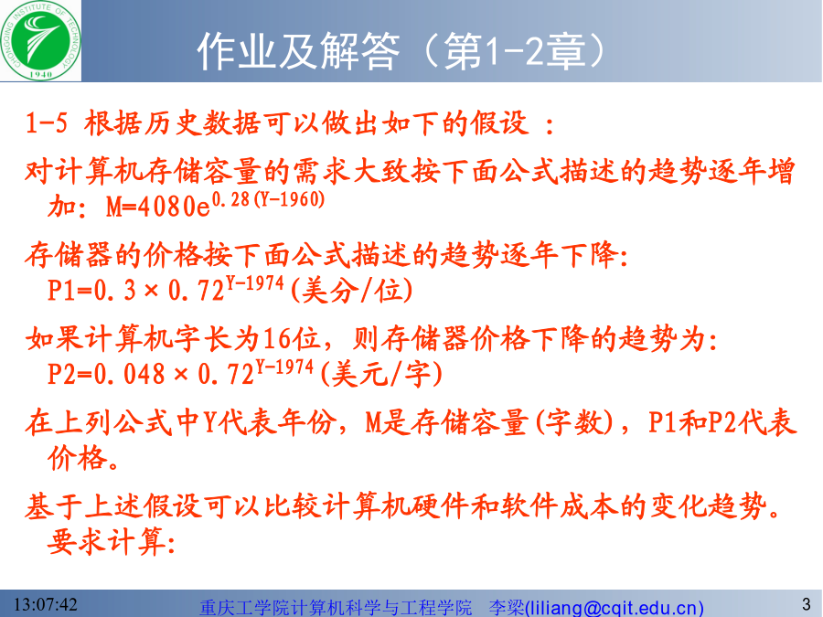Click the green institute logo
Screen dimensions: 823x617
point(40,41)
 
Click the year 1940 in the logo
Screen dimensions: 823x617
point(40,75)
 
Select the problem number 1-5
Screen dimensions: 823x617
point(47,123)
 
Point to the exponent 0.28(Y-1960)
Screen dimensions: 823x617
point(268,199)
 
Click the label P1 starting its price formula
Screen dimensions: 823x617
point(62,290)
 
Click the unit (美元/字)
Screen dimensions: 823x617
point(381,374)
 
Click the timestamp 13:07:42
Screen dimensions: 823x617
point(45,604)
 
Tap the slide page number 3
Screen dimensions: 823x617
point(807,604)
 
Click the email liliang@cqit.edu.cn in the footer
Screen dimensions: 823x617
point(615,608)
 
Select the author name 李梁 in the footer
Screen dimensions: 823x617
point(507,608)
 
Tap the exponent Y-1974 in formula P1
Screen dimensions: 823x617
point(255,284)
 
